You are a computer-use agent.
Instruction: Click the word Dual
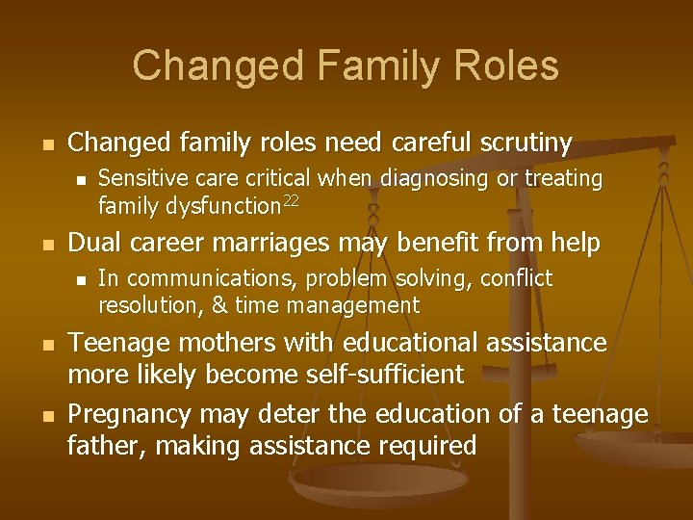[94, 244]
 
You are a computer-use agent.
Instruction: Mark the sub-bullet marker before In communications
[82, 280]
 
